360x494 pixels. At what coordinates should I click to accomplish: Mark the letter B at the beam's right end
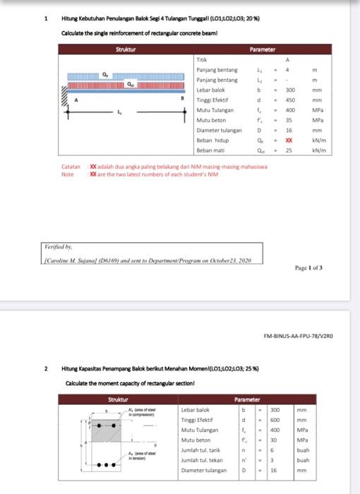[x=180, y=100]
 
